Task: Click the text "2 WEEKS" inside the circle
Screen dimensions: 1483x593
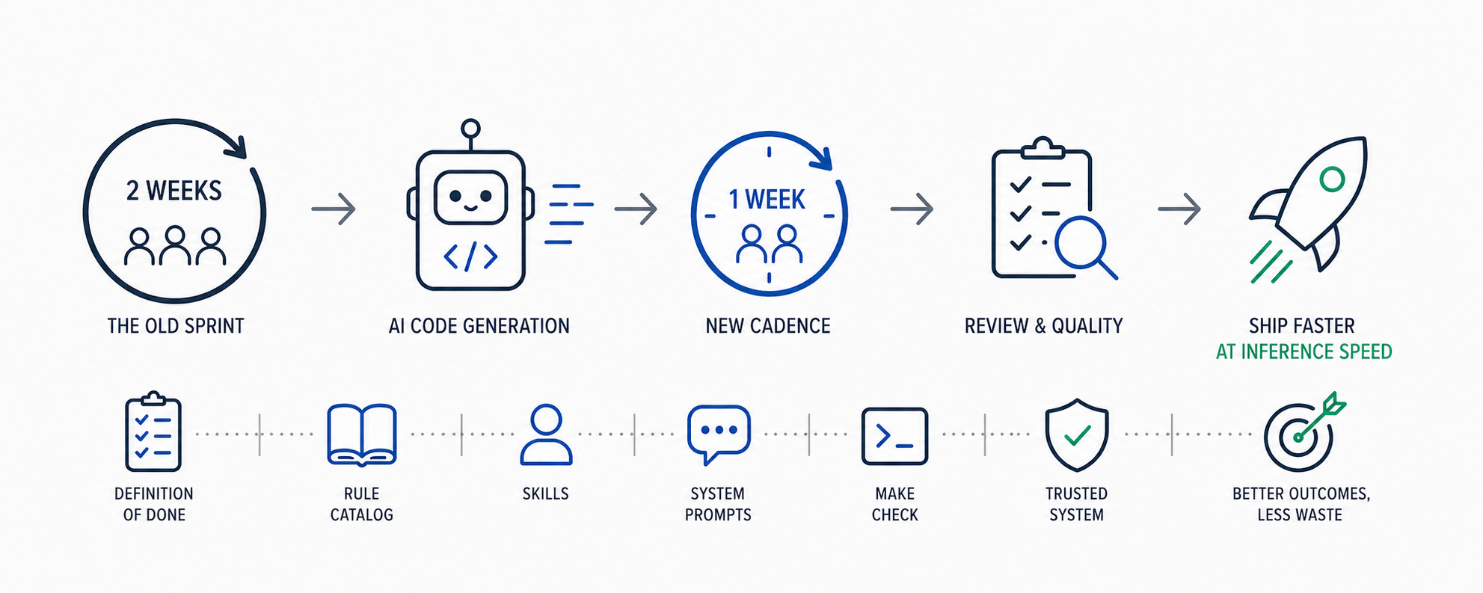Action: coord(174,191)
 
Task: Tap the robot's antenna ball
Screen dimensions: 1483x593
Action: coord(470,128)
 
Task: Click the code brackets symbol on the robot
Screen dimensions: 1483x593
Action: coord(470,256)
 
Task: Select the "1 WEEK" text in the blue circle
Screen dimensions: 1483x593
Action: coord(767,200)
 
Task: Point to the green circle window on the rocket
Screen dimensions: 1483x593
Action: coord(1332,179)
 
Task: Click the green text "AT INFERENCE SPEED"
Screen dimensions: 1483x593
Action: coord(1304,351)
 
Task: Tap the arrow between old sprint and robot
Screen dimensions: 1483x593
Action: coord(334,209)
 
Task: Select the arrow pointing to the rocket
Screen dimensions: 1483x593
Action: coord(1179,209)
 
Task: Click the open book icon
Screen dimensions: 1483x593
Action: coord(362,435)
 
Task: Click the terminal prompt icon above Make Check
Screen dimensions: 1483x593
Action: coord(894,436)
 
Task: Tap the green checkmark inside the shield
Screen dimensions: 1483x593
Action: coord(1077,434)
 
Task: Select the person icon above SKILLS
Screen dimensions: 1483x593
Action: coord(546,435)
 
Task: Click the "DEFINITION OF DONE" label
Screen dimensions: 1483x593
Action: coord(154,504)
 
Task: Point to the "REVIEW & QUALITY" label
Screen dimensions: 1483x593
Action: coord(1044,326)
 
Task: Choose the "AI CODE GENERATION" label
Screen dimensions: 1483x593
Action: coord(479,326)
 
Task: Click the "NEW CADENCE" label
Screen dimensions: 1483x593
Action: coord(768,326)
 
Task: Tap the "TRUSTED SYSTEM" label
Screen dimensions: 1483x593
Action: coord(1076,504)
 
